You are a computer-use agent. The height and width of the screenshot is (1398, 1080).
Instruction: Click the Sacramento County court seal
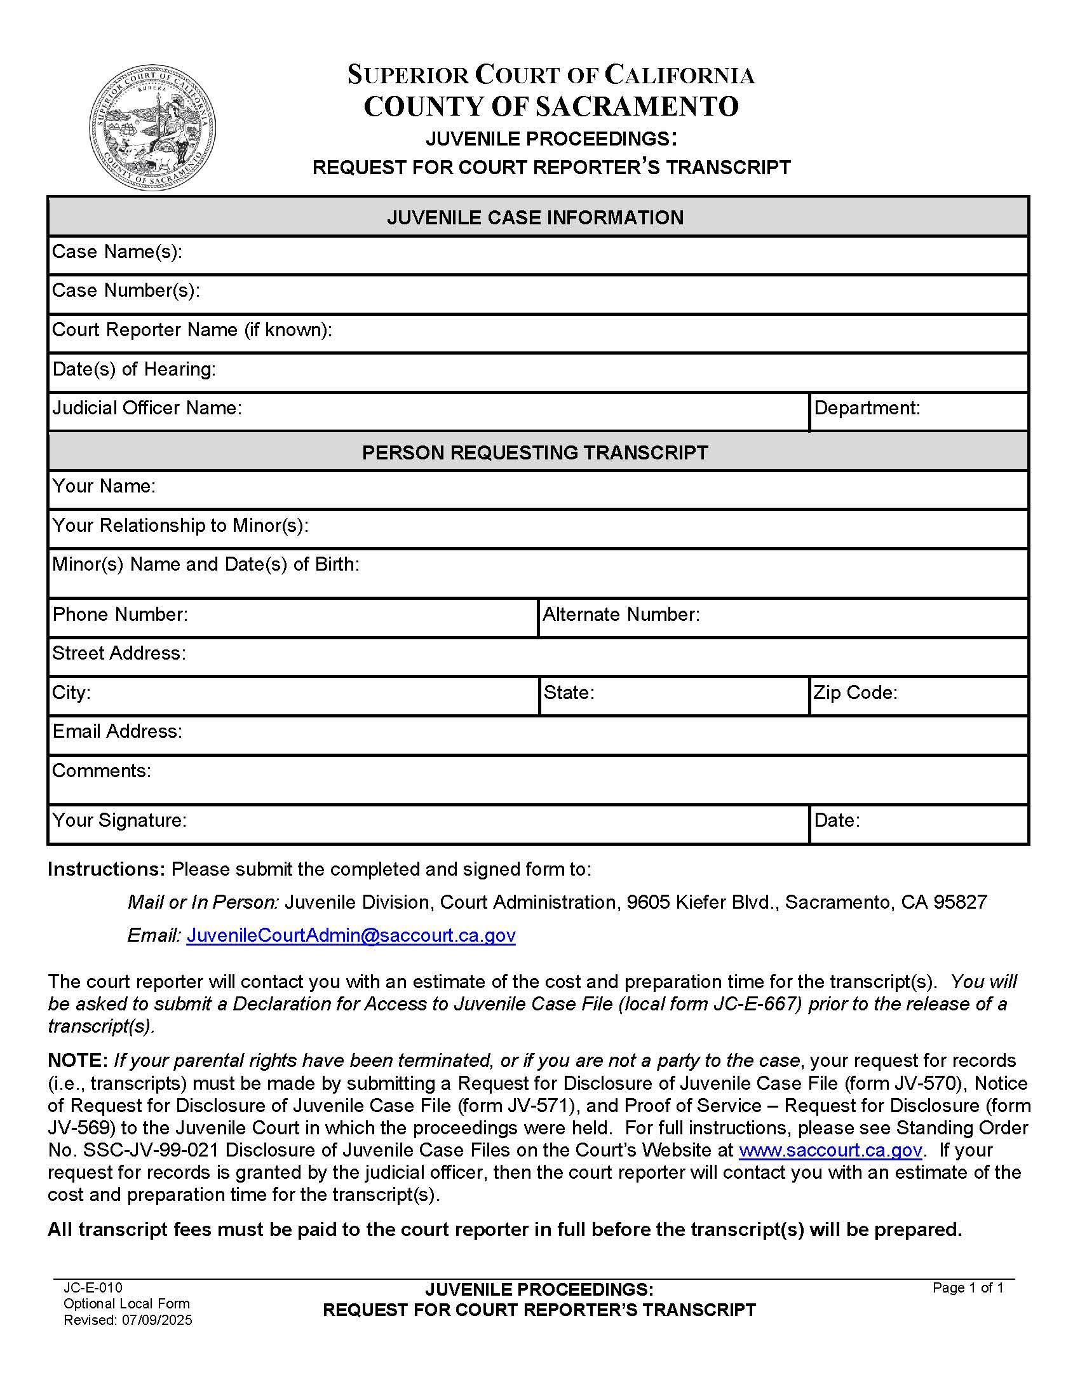[152, 127]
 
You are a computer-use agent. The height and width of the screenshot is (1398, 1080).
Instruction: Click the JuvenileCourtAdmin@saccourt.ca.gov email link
[351, 935]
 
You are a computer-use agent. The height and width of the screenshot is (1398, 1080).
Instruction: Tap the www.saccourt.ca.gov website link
[830, 1150]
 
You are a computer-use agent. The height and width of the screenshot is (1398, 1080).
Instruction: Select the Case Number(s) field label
[126, 290]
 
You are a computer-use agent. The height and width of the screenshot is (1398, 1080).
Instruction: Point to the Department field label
[867, 408]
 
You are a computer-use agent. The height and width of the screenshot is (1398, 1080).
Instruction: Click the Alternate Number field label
[621, 614]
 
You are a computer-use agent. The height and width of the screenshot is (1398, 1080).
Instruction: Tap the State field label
[569, 693]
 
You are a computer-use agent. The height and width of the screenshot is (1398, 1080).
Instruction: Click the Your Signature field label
[119, 820]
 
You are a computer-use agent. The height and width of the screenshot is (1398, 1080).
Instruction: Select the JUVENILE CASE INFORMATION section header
[535, 217]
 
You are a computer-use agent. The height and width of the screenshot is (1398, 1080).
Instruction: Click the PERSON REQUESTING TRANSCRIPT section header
[535, 452]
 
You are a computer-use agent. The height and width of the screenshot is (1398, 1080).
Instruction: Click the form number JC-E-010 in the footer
[93, 1287]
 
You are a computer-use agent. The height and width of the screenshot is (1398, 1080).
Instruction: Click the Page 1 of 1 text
[968, 1287]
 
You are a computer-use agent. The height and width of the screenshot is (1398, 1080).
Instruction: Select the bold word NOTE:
[78, 1061]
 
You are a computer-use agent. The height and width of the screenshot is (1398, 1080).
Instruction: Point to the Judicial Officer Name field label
[147, 408]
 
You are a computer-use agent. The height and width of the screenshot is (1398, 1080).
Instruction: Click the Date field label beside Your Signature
[837, 820]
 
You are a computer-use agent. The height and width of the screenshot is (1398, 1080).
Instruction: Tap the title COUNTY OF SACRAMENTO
[551, 106]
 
